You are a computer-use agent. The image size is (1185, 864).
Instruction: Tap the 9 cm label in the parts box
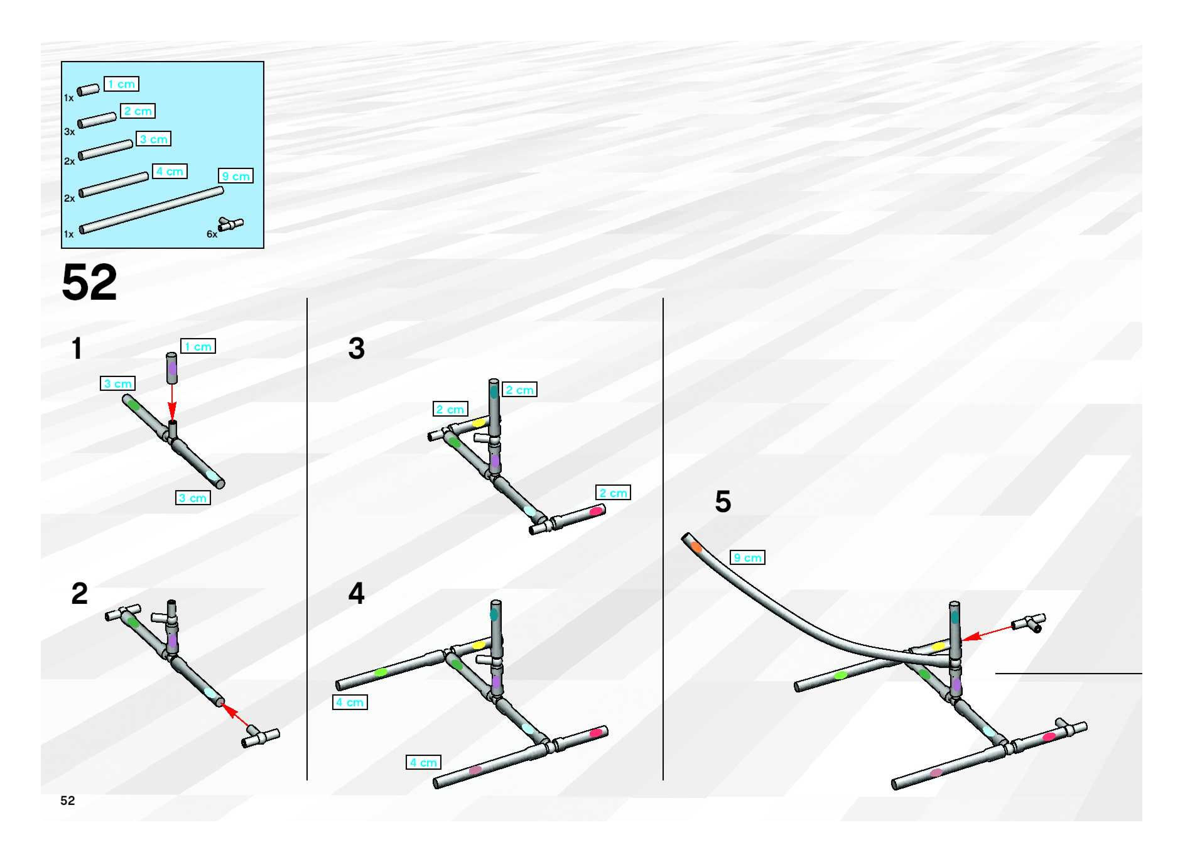click(235, 176)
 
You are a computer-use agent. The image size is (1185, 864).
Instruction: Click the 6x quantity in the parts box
click(212, 234)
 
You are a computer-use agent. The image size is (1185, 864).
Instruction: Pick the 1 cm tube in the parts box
click(88, 90)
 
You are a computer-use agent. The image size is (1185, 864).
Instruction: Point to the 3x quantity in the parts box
click(69, 132)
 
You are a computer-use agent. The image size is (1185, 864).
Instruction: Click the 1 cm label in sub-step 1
click(197, 346)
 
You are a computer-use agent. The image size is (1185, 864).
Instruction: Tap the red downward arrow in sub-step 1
click(172, 403)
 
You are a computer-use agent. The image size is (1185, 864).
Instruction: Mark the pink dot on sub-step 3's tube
click(595, 511)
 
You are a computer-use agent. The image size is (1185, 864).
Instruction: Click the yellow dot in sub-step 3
click(479, 423)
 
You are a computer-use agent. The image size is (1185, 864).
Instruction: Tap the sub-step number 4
click(356, 593)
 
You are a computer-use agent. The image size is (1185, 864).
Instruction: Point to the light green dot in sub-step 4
click(381, 672)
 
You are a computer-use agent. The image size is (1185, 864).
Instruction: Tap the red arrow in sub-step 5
click(988, 633)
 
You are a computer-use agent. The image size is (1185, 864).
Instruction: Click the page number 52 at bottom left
click(68, 801)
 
